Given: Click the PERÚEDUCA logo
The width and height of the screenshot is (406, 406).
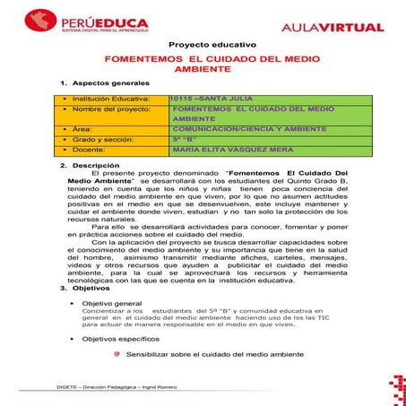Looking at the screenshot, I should click(77, 20).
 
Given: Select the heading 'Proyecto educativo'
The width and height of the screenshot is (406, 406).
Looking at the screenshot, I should click(212, 44).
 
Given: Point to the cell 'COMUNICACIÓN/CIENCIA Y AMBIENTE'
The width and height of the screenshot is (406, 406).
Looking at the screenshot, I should click(238, 129).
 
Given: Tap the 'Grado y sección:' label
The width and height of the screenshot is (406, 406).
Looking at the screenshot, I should click(99, 140).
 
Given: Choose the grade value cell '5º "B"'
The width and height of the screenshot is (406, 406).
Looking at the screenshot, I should click(184, 140).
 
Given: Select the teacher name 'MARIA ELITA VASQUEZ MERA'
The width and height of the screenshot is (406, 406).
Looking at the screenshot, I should click(229, 151).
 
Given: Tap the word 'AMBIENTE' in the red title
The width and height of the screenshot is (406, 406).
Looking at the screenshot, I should click(203, 68).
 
